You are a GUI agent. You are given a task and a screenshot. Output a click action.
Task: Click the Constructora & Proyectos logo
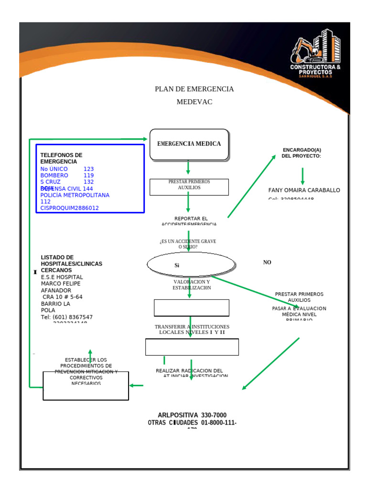316,53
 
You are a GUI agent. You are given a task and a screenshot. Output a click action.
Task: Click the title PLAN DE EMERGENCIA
194,89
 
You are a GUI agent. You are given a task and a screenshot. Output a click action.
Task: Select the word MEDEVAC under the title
194,102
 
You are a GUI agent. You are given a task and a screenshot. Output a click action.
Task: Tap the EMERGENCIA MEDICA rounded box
189,144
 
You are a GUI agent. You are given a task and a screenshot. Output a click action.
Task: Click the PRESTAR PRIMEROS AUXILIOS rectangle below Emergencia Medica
189,187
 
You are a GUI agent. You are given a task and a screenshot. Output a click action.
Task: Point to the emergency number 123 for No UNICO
89,169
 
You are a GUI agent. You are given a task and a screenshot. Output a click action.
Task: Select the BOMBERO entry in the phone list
54,175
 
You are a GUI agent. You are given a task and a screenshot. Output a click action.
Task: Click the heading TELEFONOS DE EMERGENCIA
61,159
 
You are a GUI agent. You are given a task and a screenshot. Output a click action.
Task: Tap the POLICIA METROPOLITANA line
75,195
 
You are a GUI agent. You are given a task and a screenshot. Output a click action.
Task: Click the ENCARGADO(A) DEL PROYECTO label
302,153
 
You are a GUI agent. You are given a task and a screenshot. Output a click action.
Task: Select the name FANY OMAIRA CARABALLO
304,190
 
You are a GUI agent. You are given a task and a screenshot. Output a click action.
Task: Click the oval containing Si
191,265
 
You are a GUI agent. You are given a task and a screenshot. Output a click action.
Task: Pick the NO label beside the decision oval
267,263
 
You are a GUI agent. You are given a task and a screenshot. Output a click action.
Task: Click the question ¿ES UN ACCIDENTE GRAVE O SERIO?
188,244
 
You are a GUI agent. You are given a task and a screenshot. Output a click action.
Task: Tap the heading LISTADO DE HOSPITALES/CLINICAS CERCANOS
71,264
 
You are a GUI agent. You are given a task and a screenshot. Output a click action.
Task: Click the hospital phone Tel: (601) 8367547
67,317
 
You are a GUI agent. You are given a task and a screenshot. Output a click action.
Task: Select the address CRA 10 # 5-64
62,297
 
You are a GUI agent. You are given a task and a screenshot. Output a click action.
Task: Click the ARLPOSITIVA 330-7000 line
192,415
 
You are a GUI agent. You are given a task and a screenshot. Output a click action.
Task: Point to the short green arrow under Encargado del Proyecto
302,176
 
